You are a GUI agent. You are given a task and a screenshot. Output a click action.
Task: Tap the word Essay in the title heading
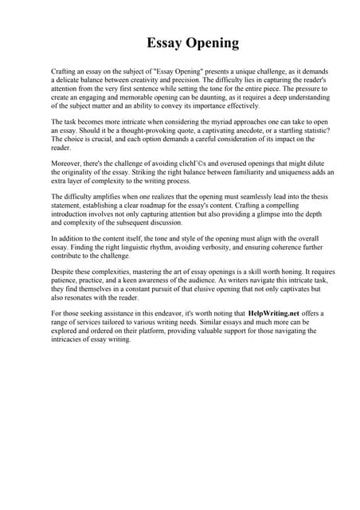164,43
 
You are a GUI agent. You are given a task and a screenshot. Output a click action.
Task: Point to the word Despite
65,274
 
